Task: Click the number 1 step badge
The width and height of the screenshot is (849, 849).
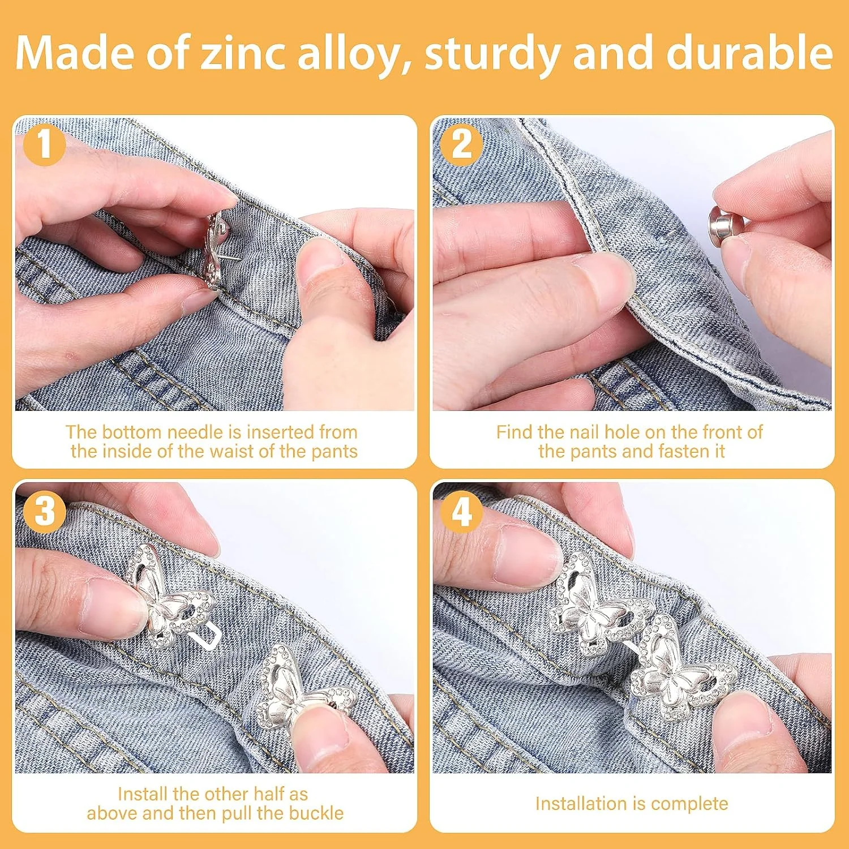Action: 44,145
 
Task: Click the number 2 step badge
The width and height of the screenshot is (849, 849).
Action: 462,145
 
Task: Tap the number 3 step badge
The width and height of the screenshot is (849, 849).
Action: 44,511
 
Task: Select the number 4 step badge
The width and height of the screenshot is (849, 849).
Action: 462,511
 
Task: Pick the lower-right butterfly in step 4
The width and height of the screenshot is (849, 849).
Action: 681,668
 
